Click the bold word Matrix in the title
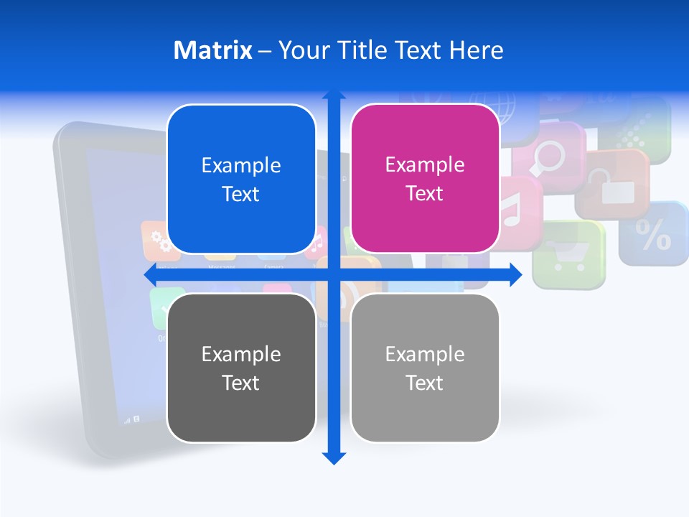212,50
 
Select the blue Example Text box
241,179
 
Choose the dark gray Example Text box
241,368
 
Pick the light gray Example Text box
425,368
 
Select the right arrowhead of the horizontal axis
516,274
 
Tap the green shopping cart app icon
569,253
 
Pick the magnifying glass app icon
549,157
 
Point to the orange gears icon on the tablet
160,241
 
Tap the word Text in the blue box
240,194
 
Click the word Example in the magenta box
425,164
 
